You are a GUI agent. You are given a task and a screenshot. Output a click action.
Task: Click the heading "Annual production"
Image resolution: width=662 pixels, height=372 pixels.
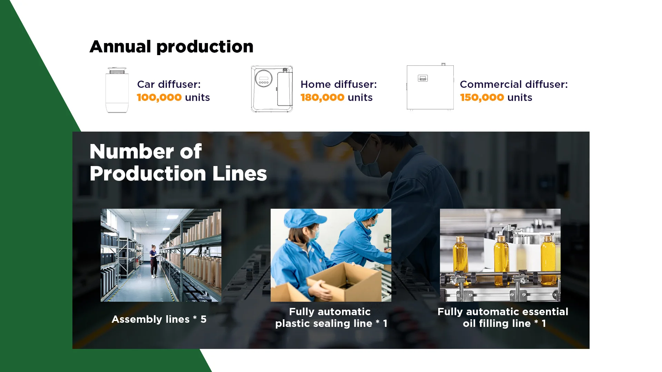(171, 46)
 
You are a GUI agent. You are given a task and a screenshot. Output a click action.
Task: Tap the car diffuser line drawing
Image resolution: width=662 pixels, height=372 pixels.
(117, 90)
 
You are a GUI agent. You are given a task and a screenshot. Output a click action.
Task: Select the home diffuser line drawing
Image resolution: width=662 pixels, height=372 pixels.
(272, 89)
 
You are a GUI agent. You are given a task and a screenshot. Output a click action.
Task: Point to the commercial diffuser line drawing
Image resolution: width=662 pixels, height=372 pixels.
(430, 87)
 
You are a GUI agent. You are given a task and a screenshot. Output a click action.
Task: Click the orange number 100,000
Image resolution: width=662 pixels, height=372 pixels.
(159, 97)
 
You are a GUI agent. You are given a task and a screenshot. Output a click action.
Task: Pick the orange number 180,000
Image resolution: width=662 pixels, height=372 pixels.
(322, 97)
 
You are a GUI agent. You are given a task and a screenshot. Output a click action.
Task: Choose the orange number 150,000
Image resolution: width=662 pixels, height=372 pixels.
(482, 97)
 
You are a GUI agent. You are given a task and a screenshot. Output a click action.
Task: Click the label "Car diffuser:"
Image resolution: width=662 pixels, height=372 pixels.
(169, 84)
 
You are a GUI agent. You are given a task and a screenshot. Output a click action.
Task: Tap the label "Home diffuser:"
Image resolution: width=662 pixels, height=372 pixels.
(339, 84)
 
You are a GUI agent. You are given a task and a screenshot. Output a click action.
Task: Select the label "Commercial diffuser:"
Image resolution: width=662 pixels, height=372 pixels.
(514, 84)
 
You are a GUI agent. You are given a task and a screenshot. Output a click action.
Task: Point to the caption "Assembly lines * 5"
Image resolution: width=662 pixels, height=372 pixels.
(159, 319)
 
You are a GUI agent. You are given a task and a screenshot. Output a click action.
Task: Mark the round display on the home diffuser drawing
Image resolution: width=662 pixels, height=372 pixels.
(264, 78)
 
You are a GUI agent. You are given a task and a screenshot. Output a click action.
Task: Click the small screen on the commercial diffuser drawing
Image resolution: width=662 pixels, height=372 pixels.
(423, 78)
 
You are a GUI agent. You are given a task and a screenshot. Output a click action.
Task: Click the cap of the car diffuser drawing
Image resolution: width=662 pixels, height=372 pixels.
(117, 70)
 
